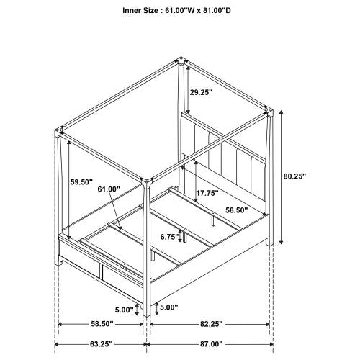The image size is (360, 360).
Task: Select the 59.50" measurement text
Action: pyautogui.click(x=82, y=183)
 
